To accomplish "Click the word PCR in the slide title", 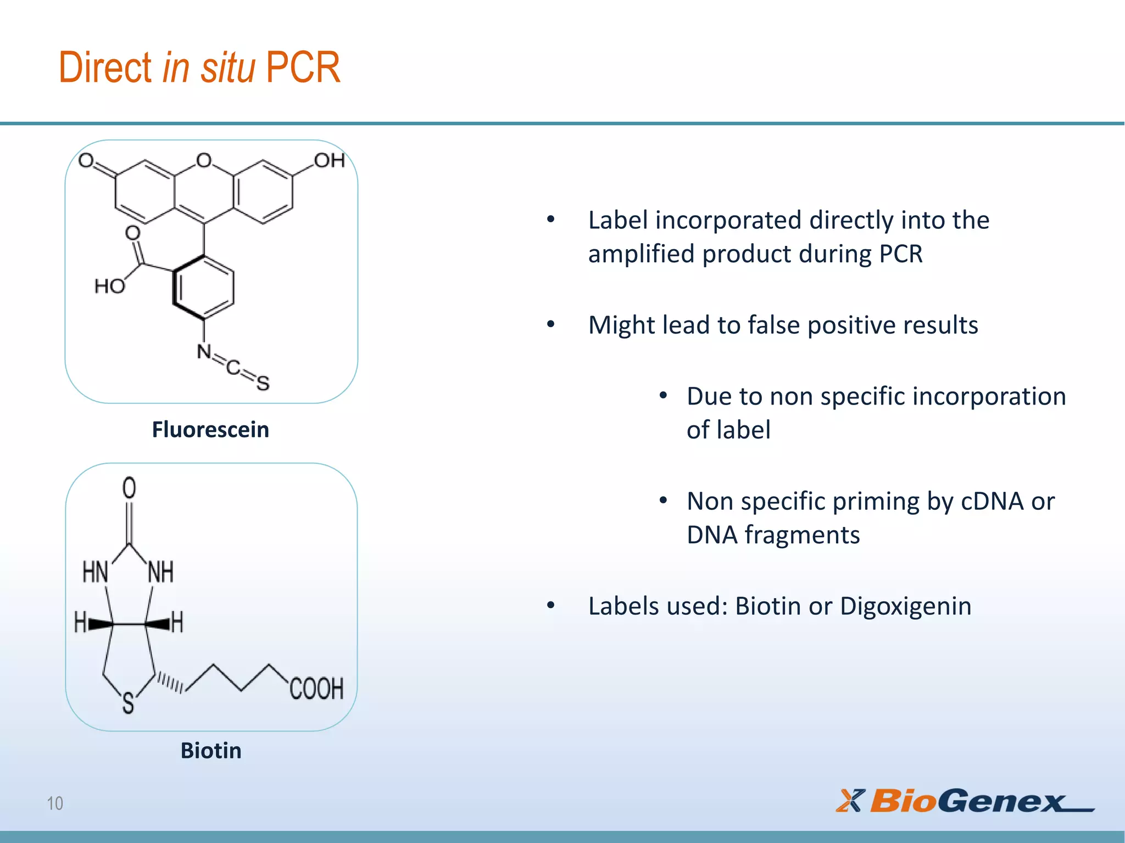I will (303, 68).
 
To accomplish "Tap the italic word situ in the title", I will (227, 68).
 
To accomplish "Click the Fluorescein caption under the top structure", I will (210, 429).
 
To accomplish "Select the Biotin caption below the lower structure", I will (211, 750).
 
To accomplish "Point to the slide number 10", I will (55, 803).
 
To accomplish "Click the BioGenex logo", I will (965, 801).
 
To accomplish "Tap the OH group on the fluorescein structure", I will (329, 160).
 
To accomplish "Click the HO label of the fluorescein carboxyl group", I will (109, 286).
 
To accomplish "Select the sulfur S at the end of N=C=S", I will (263, 383).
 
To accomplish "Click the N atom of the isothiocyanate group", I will (204, 351).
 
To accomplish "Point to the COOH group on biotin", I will (316, 688).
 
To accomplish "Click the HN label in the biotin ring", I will (95, 572).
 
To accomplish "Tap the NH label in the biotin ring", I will (161, 572).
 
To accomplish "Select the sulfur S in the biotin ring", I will (128, 703).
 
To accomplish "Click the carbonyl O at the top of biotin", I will (129, 487).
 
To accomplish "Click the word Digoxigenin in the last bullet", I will (905, 606).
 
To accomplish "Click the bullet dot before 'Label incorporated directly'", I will (551, 220).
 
